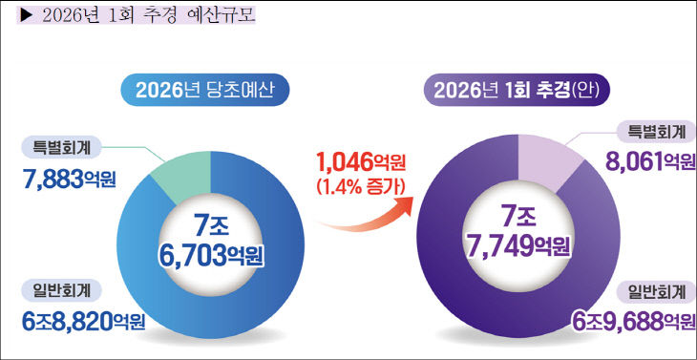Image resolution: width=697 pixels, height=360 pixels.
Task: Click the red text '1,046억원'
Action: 355,161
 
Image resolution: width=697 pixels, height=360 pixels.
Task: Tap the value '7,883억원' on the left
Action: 68,178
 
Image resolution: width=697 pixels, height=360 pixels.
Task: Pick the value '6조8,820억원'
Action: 83,322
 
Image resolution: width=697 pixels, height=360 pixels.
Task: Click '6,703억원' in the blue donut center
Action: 211,255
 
